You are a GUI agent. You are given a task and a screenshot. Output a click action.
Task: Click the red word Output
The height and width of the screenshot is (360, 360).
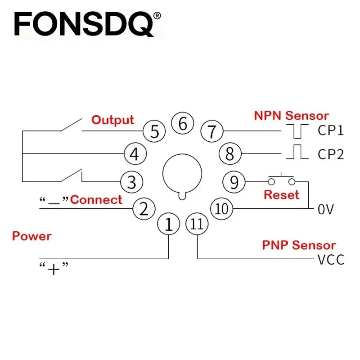[x=112, y=120]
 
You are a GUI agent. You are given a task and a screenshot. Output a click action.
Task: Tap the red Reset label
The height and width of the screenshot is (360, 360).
[x=282, y=195]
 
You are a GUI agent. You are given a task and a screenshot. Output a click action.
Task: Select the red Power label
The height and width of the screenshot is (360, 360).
[x=32, y=236]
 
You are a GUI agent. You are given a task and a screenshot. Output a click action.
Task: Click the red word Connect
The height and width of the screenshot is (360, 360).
[x=96, y=200]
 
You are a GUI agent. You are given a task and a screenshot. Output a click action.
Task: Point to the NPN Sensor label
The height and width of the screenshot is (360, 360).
[x=292, y=116]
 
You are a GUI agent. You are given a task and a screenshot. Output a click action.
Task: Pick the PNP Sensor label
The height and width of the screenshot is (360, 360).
[x=299, y=245]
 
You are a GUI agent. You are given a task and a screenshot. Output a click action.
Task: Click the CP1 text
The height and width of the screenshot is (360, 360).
[x=331, y=130]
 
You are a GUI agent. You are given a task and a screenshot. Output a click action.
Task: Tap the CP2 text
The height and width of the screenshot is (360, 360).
[x=331, y=154]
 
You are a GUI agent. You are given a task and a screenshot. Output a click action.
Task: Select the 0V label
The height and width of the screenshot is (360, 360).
[x=325, y=209]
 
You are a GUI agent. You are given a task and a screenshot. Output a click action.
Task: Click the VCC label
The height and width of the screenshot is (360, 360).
[x=331, y=260]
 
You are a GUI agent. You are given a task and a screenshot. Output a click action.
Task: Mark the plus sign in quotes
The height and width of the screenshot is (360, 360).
[x=54, y=269]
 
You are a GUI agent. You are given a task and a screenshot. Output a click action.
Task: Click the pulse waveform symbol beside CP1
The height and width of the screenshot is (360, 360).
[x=297, y=131]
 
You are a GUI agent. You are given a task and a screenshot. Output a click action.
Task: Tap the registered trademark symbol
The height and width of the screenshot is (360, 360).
[x=157, y=16]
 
